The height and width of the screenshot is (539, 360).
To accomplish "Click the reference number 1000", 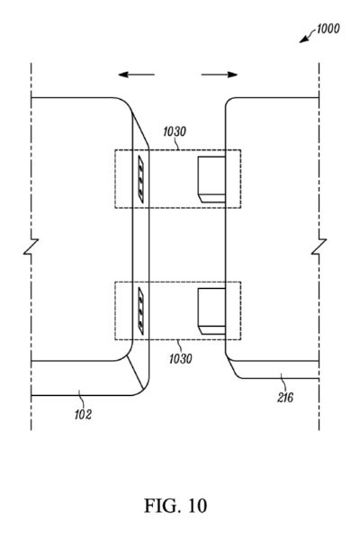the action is pyautogui.click(x=328, y=29).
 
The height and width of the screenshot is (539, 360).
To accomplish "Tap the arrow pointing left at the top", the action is pyautogui.click(x=136, y=75).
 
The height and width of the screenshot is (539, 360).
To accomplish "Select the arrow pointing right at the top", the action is pyautogui.click(x=220, y=75).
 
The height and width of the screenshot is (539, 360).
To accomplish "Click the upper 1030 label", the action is pyautogui.click(x=175, y=131).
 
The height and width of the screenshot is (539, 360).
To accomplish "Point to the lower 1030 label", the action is pyautogui.click(x=181, y=358).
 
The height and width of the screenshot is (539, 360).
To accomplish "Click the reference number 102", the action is pyautogui.click(x=83, y=415).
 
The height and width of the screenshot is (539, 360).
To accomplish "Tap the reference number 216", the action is pyautogui.click(x=285, y=398).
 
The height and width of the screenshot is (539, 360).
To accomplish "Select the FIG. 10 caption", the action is pyautogui.click(x=175, y=506).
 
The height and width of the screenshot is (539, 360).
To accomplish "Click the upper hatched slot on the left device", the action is pyautogui.click(x=141, y=179).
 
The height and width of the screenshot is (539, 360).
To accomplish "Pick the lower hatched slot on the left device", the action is pyautogui.click(x=141, y=310).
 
